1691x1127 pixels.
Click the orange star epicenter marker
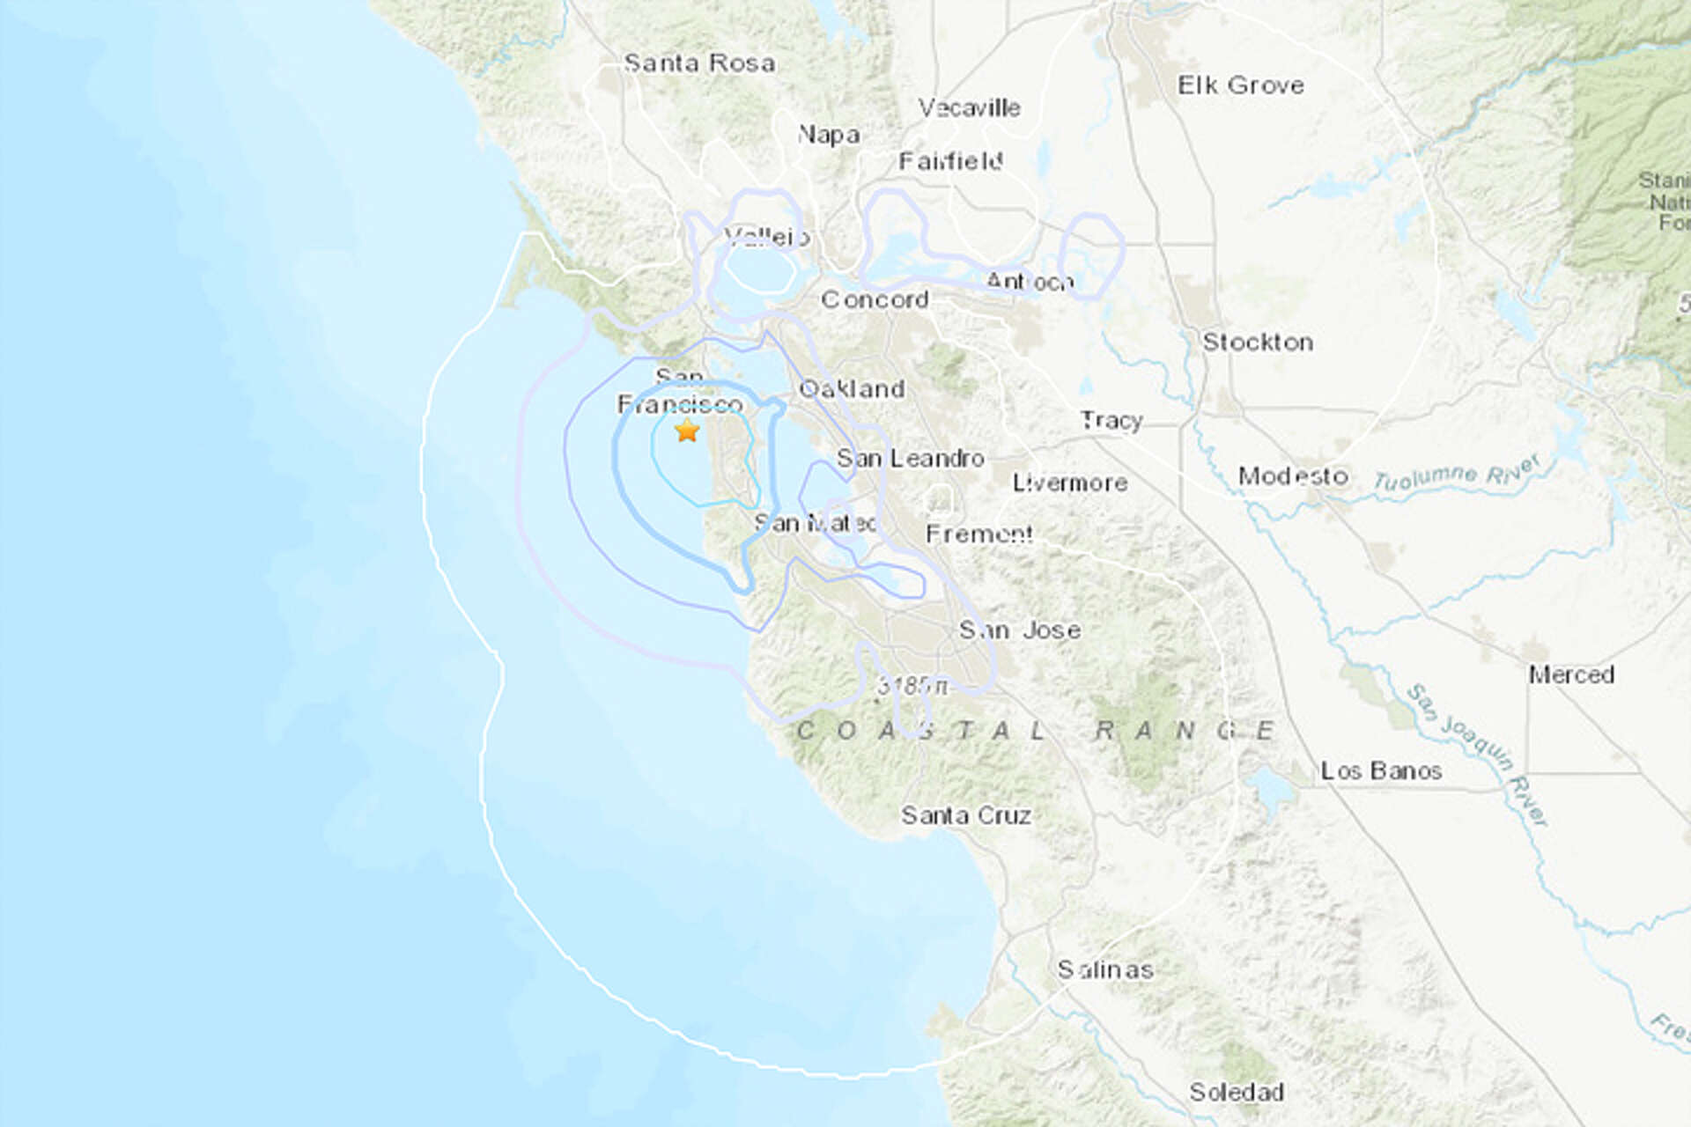coord(687,431)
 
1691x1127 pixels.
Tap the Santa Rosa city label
coord(699,63)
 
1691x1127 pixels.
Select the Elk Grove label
coord(1240,85)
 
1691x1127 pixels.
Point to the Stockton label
coord(1258,343)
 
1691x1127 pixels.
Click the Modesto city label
coord(1293,476)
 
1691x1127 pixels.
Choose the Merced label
coord(1571,675)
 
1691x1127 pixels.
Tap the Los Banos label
coord(1380,771)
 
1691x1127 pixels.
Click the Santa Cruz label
coord(965,815)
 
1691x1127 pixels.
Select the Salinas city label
coord(1104,969)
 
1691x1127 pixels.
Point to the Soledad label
coord(1236,1092)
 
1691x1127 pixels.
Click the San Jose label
coord(1020,630)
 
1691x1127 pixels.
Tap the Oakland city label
coord(852,389)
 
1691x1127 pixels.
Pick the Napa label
coord(828,135)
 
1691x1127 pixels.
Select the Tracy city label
coord(1111,421)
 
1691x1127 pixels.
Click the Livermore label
coord(1069,482)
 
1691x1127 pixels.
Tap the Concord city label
coord(875,299)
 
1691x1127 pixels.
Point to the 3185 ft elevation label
coord(912,686)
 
